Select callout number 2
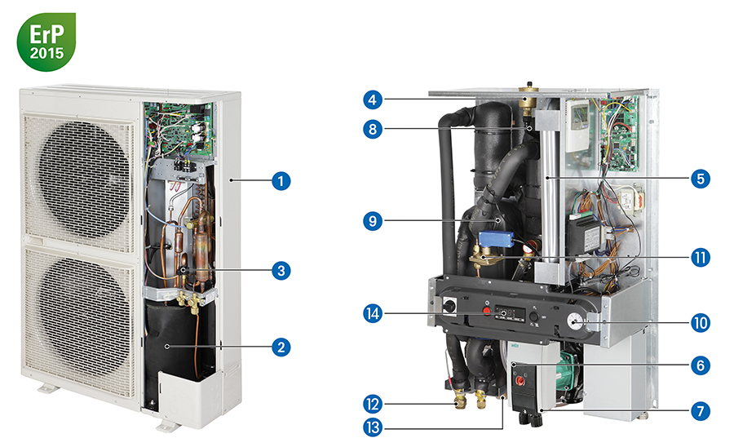(281, 347)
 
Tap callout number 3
(281, 268)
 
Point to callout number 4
(371, 100)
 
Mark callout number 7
(699, 410)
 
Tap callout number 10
(699, 323)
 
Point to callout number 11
(699, 258)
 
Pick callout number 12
(371, 403)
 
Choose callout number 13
(371, 427)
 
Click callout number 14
(371, 312)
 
